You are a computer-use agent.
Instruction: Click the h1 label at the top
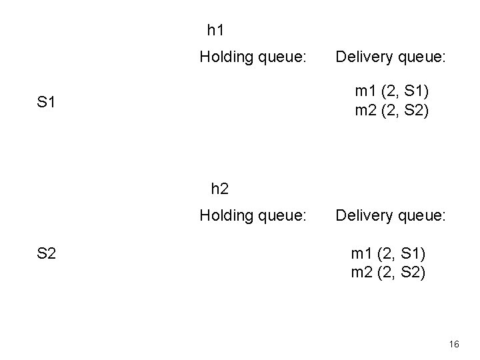tap(216, 30)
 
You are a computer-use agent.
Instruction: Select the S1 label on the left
tap(46, 103)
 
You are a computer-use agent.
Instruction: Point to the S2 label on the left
tap(46, 253)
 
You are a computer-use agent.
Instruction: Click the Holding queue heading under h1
tap(253, 57)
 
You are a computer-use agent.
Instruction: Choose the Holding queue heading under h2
tap(253, 215)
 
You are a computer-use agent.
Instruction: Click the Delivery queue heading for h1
tap(391, 57)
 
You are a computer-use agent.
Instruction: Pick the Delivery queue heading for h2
tap(391, 215)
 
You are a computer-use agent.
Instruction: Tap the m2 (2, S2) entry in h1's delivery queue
tap(392, 110)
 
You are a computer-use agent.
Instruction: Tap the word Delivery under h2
tap(363, 215)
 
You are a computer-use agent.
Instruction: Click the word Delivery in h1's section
tap(363, 57)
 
